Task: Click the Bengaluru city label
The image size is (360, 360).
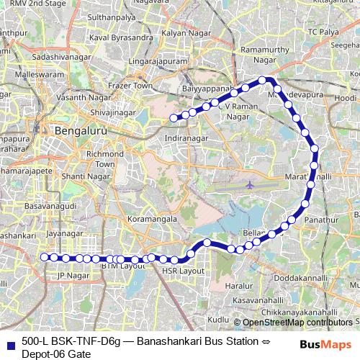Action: click(81, 132)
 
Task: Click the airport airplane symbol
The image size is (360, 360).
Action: click(250, 184)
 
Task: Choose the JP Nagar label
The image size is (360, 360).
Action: click(71, 275)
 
